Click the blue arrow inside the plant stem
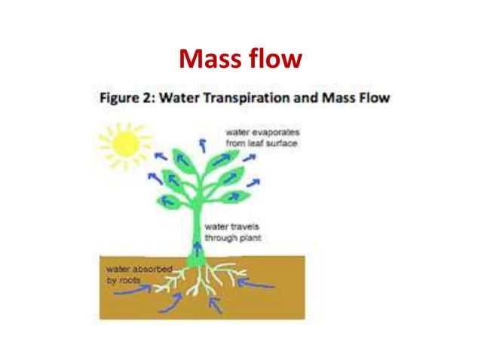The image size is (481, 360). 199,249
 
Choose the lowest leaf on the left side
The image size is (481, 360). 168,201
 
